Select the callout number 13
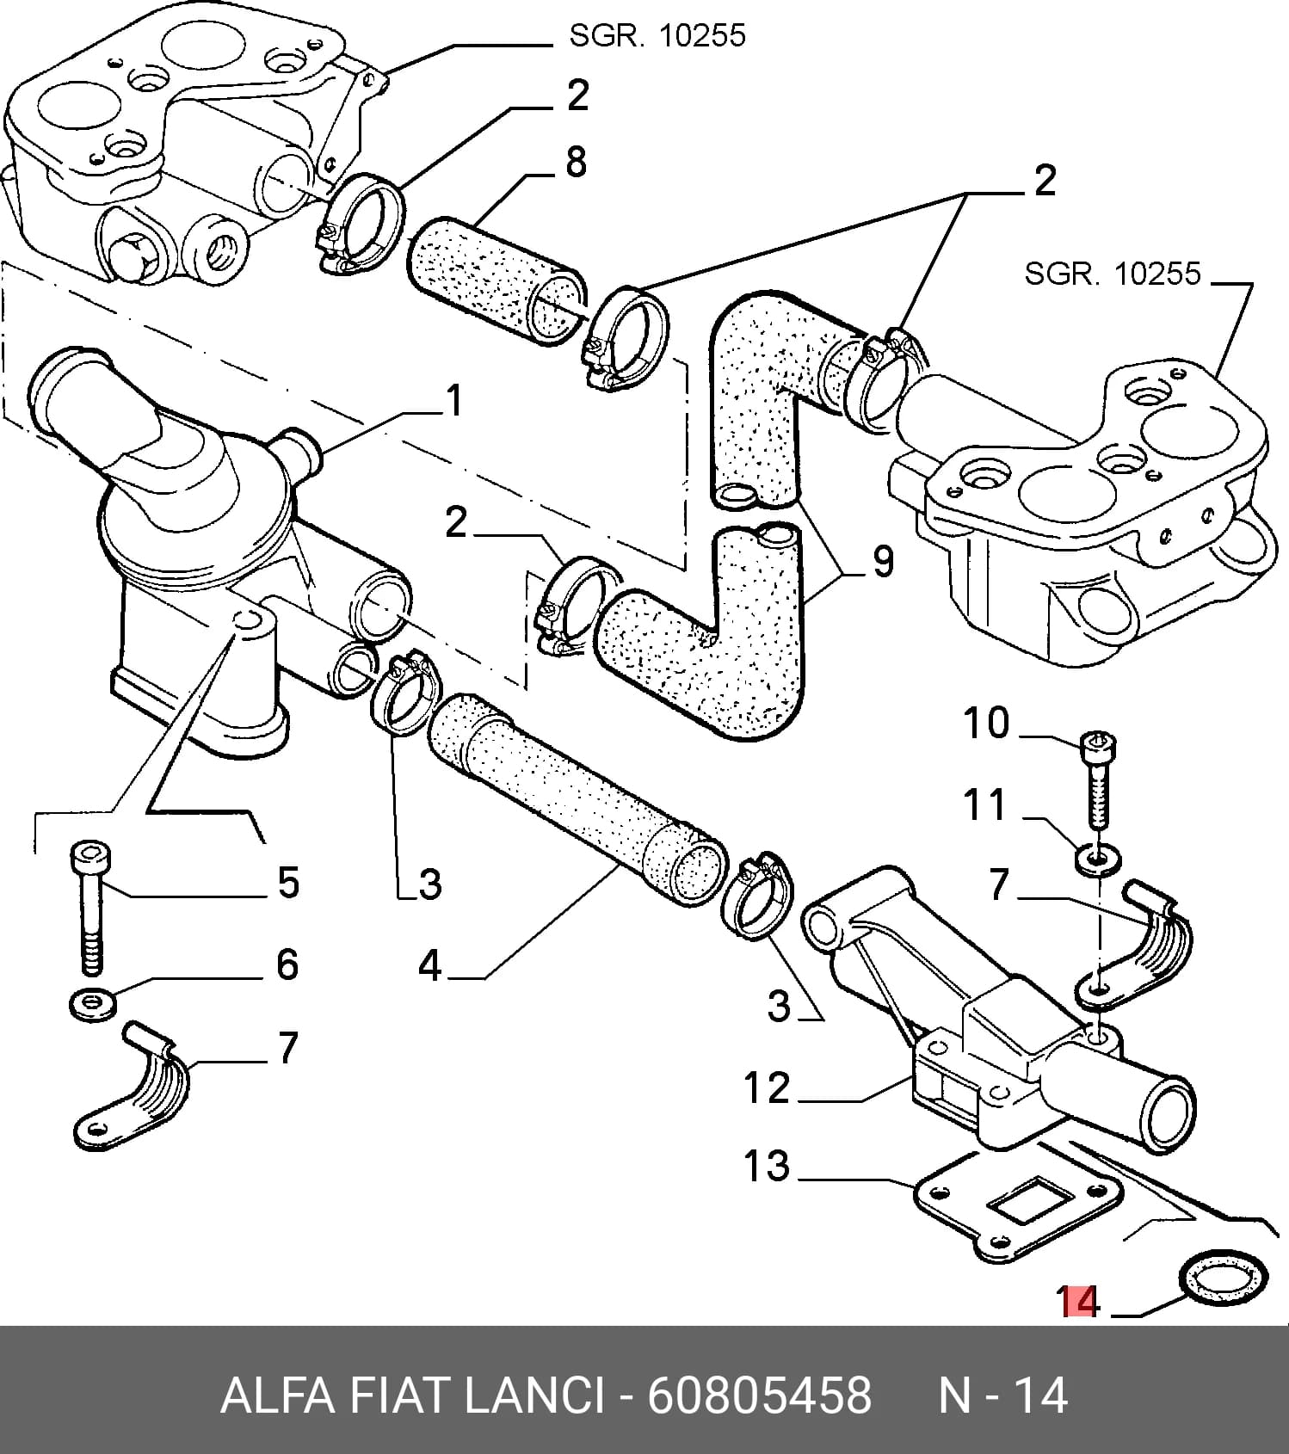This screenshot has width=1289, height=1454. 766,1166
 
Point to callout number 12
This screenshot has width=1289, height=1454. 766,1087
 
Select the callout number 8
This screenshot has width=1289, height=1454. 576,162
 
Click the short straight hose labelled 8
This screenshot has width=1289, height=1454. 495,281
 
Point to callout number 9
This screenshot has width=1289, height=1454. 883,562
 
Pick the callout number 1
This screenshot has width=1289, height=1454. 453,401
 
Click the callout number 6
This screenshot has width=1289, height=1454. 287,964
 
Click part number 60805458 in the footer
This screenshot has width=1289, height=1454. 760,1395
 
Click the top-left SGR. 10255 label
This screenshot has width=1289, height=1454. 657,36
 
